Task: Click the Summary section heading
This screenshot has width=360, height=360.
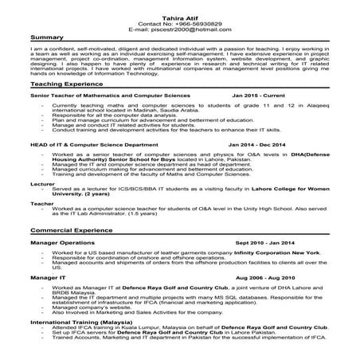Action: coord(46,38)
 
